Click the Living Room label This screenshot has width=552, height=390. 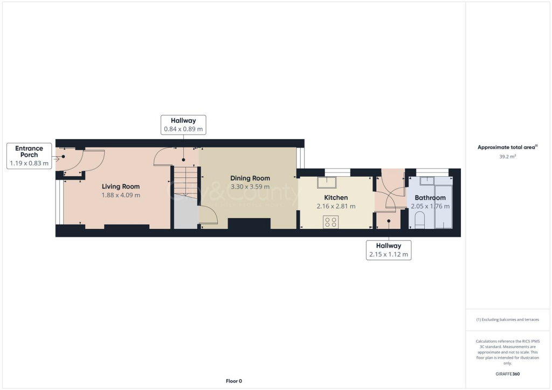pyautogui.click(x=121, y=186)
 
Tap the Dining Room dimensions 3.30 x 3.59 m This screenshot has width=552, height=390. pyautogui.click(x=250, y=186)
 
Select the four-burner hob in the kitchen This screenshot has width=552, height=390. pyautogui.click(x=330, y=222)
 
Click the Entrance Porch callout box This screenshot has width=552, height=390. pyautogui.click(x=29, y=156)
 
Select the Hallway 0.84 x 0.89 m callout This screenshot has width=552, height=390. pyautogui.click(x=183, y=125)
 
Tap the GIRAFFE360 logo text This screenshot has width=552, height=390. pyautogui.click(x=508, y=374)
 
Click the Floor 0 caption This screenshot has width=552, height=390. pyautogui.click(x=233, y=381)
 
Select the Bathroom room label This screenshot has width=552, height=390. pyautogui.click(x=430, y=198)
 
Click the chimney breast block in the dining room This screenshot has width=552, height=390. pyautogui.click(x=249, y=225)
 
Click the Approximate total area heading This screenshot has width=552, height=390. pyautogui.click(x=507, y=147)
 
